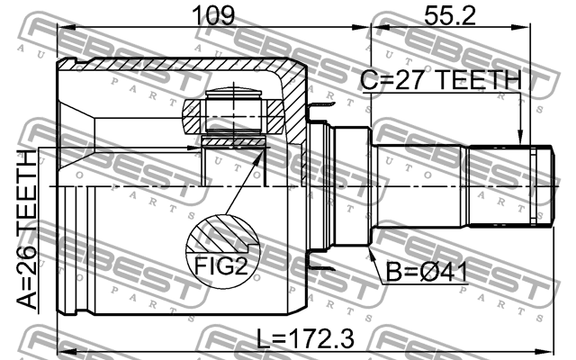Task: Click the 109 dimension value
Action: (213, 15)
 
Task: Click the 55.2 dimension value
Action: (449, 15)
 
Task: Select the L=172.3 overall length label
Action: (305, 338)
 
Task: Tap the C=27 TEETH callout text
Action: (441, 80)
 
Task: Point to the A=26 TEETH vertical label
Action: (27, 229)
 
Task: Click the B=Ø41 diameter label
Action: (427, 273)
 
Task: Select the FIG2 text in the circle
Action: (221, 265)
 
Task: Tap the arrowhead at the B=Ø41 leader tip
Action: (370, 254)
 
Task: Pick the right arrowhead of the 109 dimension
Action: (361, 27)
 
